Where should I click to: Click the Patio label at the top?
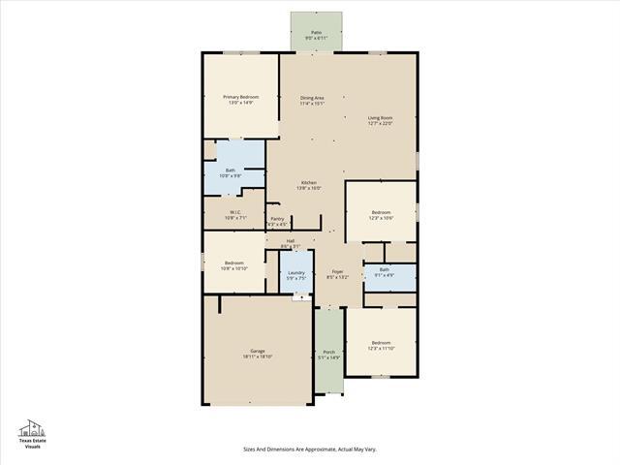pyautogui.click(x=316, y=33)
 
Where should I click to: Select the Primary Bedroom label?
pyautogui.click(x=240, y=97)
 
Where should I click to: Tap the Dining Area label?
pyautogui.click(x=312, y=97)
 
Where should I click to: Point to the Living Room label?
pyautogui.click(x=379, y=117)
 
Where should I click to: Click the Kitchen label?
pyautogui.click(x=308, y=183)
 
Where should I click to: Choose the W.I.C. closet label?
pyautogui.click(x=235, y=212)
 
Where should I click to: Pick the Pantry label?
pyautogui.click(x=277, y=219)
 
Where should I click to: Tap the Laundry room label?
pyautogui.click(x=296, y=273)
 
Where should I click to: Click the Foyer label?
pyautogui.click(x=337, y=272)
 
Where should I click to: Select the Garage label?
pyautogui.click(x=258, y=351)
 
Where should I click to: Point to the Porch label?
pyautogui.click(x=328, y=352)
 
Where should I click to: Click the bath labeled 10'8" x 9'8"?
pyautogui.click(x=231, y=170)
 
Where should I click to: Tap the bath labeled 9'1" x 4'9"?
pyautogui.click(x=384, y=270)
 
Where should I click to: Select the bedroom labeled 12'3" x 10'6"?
pyautogui.click(x=381, y=212)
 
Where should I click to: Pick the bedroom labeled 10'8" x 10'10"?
pyautogui.click(x=234, y=263)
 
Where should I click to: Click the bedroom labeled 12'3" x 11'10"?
pyautogui.click(x=381, y=342)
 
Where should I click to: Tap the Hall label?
pyautogui.click(x=290, y=241)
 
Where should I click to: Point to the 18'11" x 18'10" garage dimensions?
pyautogui.click(x=258, y=356)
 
